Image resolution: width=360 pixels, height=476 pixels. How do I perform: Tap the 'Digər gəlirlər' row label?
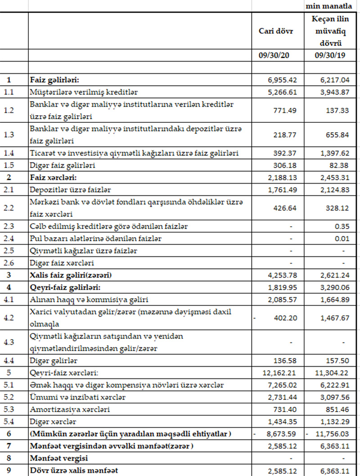54,361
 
